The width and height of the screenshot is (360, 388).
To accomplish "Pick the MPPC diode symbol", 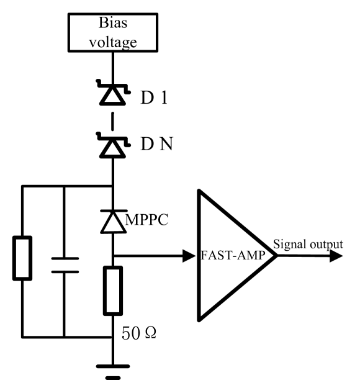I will coord(112,220).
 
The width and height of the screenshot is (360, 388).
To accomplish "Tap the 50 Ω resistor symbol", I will coord(112,290).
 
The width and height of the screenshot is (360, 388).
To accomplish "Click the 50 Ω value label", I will coord(138,334).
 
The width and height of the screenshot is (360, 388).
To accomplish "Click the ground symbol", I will coord(112,369).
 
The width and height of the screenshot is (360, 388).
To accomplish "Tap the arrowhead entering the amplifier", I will coord(188,255).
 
